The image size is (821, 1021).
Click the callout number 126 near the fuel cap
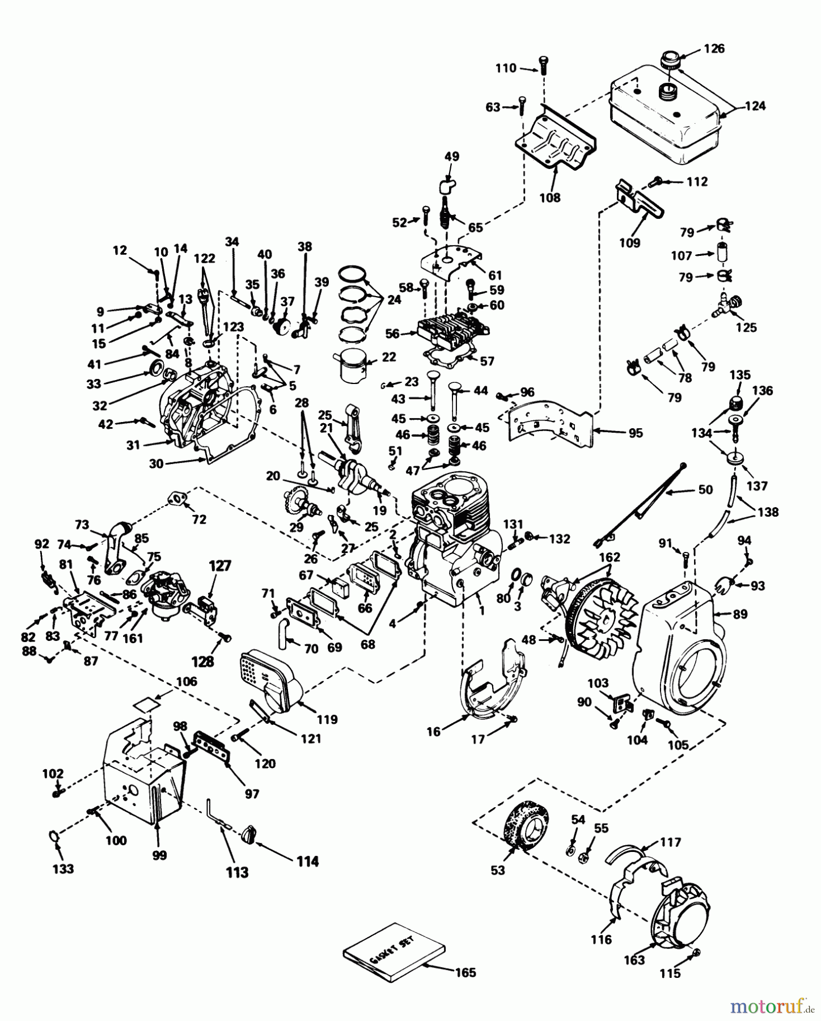coord(714,49)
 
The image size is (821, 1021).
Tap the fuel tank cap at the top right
coord(670,60)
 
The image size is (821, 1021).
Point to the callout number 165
coord(464,972)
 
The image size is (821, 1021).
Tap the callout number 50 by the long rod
coord(705,490)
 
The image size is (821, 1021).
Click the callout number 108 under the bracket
coord(549,197)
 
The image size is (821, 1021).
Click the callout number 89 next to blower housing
coord(739,614)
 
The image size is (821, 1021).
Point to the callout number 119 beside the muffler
coord(327,720)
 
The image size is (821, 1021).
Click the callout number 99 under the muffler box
coord(159,855)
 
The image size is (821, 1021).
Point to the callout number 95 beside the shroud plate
coord(635,433)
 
